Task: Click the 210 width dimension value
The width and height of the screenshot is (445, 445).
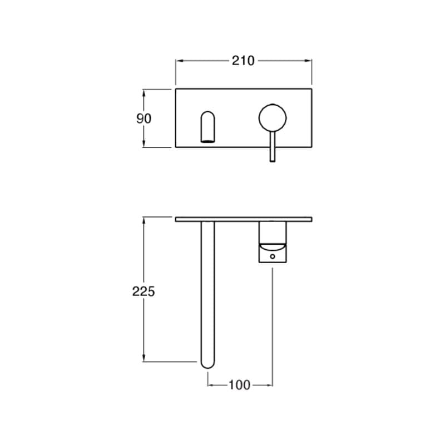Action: (243, 61)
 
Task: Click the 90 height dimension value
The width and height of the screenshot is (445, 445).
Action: (144, 118)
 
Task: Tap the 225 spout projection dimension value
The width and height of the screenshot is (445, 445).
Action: (144, 291)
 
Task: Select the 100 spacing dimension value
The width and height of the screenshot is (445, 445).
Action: (240, 385)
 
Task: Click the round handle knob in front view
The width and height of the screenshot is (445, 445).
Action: (273, 118)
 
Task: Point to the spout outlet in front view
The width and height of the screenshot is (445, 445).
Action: (207, 127)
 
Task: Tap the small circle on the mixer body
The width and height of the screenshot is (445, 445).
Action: (273, 256)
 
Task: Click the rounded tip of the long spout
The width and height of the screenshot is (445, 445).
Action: (207, 365)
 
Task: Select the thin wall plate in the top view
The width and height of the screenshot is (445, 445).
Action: (244, 219)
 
